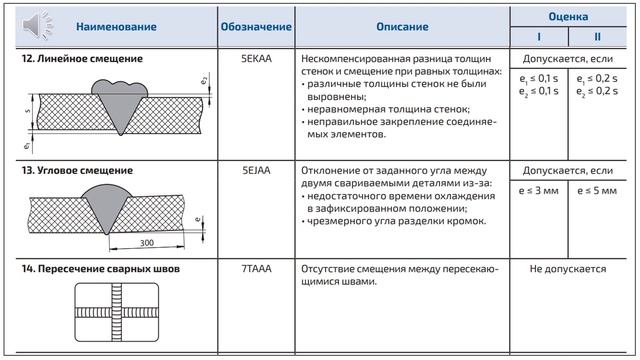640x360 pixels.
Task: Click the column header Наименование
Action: (117, 27)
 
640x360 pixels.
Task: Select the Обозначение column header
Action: (256, 27)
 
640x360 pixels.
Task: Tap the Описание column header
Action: (403, 27)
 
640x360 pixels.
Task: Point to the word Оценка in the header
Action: (567, 17)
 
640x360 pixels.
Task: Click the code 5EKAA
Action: (256, 59)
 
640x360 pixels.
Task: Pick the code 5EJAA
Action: (256, 171)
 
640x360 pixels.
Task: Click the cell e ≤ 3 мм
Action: (540, 187)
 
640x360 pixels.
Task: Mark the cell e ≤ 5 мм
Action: (597, 187)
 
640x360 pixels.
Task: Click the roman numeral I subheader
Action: (538, 38)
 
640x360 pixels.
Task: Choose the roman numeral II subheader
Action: (597, 38)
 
